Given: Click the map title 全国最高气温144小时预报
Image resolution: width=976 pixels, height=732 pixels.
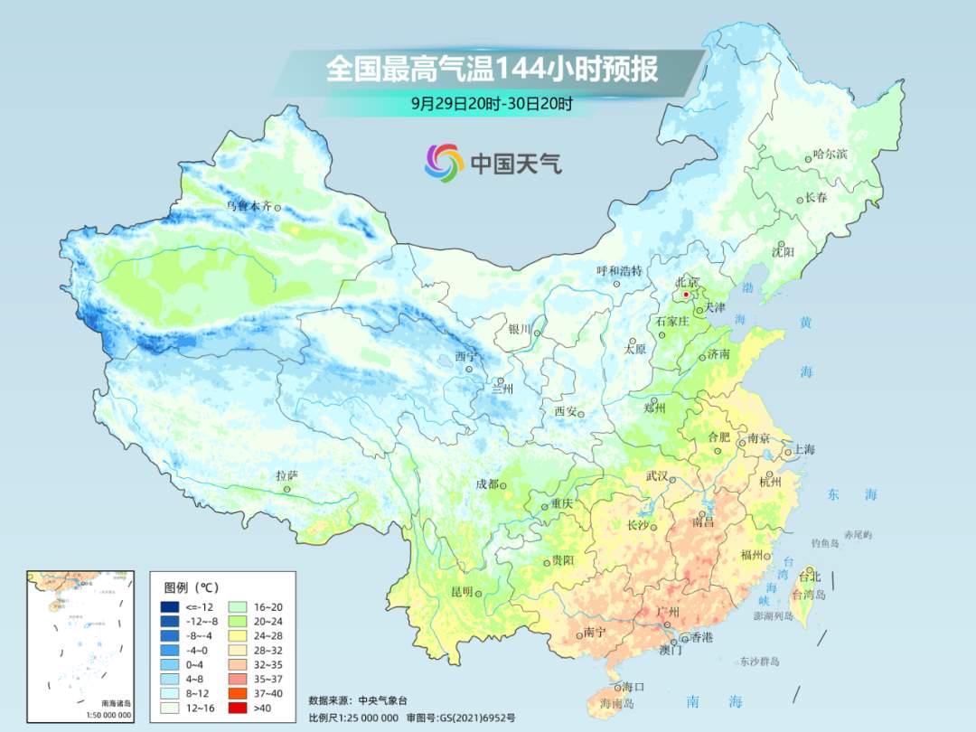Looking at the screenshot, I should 492,70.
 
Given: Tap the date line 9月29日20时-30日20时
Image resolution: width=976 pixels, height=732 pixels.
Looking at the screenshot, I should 492,103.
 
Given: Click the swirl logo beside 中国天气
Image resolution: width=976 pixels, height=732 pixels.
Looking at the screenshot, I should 444,163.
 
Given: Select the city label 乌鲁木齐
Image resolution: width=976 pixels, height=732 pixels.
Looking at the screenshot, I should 249,206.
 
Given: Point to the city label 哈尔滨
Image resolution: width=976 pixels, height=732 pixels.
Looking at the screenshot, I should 831,155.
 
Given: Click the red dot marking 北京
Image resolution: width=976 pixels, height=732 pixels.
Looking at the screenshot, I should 686,295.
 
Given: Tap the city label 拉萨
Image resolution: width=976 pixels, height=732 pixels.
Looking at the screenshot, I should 286,475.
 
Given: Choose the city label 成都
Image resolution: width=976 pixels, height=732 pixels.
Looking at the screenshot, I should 487,484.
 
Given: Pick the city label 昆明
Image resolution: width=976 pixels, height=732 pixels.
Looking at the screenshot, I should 462,592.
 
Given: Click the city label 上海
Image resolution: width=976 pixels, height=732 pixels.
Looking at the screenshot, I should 804,450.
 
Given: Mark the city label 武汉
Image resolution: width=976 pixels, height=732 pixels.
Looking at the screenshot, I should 657,476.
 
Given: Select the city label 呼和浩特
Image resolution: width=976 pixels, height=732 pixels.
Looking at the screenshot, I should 619,271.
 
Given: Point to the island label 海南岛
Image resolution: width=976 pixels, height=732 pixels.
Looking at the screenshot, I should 618,703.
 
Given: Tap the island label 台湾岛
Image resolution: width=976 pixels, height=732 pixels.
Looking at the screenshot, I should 809,595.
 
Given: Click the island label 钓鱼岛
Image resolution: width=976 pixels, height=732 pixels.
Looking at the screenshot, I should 826,542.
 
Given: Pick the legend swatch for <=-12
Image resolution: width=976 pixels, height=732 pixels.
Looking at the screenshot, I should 169,606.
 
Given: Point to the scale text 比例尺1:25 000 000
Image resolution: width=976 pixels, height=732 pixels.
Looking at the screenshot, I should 353,717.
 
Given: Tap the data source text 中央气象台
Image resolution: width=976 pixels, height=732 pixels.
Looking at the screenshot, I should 382,699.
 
